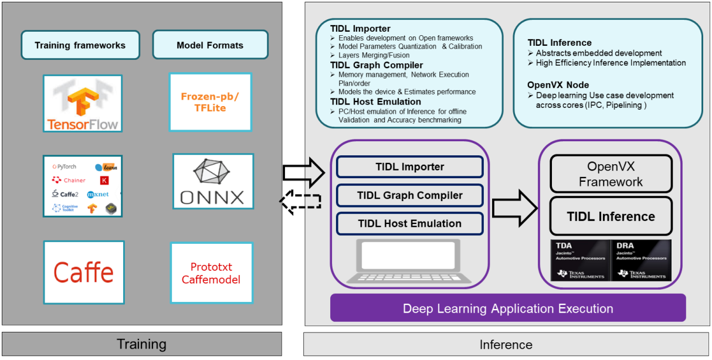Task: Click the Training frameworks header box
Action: (x=80, y=45)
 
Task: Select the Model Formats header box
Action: (x=210, y=45)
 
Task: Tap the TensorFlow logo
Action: (x=83, y=103)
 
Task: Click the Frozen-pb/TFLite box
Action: (x=210, y=102)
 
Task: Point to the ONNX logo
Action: (x=213, y=181)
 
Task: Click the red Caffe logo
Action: (x=84, y=272)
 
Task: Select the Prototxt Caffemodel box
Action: (x=211, y=273)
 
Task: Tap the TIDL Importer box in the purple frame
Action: (x=409, y=167)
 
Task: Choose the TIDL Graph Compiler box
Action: (x=409, y=195)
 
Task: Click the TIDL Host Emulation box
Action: (x=409, y=223)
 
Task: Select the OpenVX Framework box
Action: (x=611, y=174)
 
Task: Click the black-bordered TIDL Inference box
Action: (x=611, y=216)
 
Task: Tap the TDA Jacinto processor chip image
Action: (x=579, y=260)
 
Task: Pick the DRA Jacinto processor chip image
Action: (x=641, y=260)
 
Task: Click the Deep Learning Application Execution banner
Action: (x=508, y=308)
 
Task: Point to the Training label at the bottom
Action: (x=141, y=344)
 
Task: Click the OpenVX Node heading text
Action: (x=558, y=85)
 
